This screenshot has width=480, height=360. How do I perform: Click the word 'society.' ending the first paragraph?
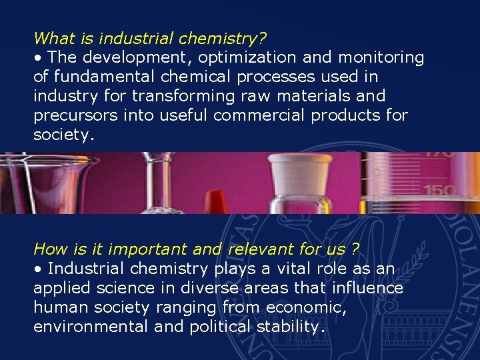64,135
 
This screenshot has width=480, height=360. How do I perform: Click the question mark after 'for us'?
355,249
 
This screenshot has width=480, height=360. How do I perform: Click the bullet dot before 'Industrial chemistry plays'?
39,269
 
